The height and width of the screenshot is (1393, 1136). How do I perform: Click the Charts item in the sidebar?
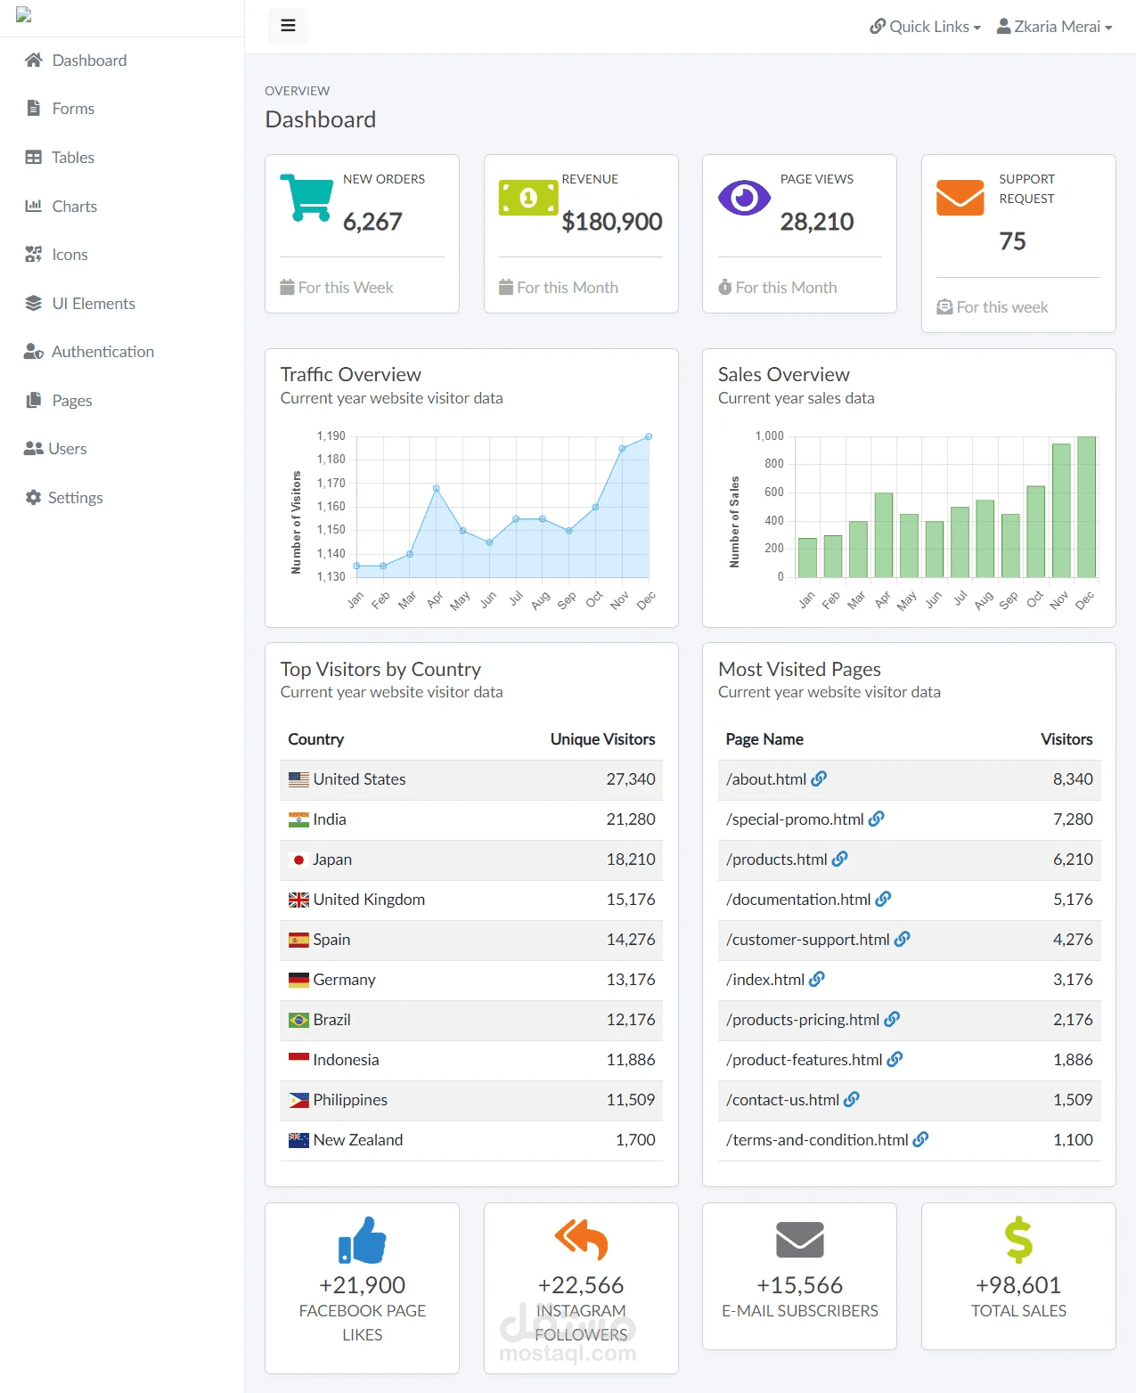point(74,207)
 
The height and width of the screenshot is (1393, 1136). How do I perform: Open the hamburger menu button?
point(288,26)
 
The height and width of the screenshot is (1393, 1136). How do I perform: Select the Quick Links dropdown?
point(925,27)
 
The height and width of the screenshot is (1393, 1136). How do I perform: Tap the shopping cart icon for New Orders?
point(306,198)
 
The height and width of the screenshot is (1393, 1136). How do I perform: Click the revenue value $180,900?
point(612,222)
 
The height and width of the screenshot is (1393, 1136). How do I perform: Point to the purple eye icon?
point(744,198)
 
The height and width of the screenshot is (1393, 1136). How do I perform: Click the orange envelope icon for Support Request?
point(960,198)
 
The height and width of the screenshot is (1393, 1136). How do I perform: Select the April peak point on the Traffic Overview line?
point(436,488)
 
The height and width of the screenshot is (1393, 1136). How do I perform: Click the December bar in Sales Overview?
point(1086,507)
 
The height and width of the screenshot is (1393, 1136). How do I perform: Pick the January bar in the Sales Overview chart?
point(807,558)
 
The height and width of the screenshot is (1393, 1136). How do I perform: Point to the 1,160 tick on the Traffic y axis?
point(331,507)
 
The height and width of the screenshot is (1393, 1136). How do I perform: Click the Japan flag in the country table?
point(298,859)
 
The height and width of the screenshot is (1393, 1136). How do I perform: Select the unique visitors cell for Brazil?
point(630,1020)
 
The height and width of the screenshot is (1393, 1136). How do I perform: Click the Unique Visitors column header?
point(602,739)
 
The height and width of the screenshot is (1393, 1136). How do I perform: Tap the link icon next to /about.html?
point(819,779)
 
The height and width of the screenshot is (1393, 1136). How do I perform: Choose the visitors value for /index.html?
point(1073,980)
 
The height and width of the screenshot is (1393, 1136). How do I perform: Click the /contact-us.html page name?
point(782,1100)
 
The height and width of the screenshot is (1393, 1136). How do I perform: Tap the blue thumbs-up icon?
point(362,1241)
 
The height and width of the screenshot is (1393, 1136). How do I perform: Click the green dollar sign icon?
point(1018,1241)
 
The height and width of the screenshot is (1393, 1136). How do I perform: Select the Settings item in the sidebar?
point(75,498)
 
